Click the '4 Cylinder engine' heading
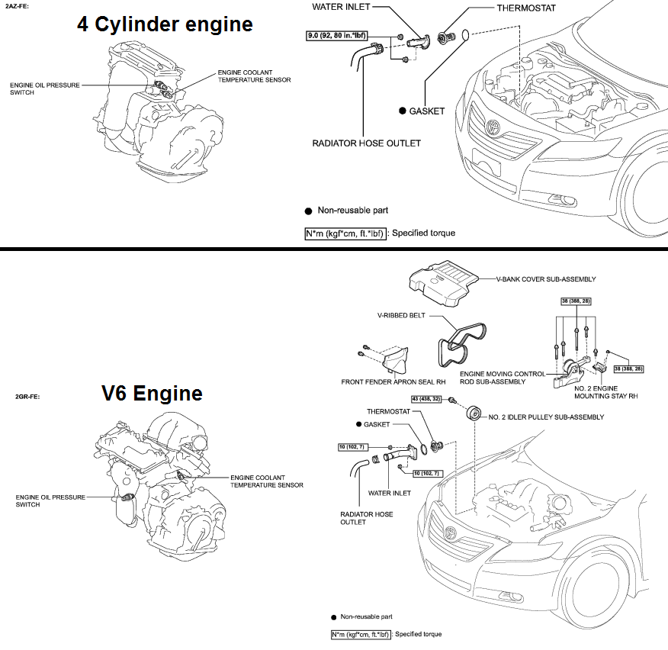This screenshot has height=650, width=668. pos(165,24)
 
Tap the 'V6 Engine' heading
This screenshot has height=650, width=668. pos(152,393)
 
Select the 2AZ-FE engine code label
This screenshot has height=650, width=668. pos(17,6)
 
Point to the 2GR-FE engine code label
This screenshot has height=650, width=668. pos(27,397)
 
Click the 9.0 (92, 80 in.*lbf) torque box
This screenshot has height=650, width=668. pos(336,35)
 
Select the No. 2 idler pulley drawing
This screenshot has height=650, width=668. pos(474,413)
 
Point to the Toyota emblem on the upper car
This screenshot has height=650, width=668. pos(493,127)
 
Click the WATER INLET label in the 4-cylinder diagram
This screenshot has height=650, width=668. pos(341,7)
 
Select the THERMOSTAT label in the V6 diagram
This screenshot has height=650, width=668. pos(389,411)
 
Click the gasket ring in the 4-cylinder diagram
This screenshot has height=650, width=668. pos(466,35)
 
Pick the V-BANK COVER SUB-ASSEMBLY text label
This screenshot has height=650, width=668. pos(546,279)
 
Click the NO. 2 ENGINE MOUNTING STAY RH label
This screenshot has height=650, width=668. pos(605,392)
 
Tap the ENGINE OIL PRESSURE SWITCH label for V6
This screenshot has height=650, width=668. pos(50,500)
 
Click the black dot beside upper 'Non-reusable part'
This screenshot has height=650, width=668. pos(308,211)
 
